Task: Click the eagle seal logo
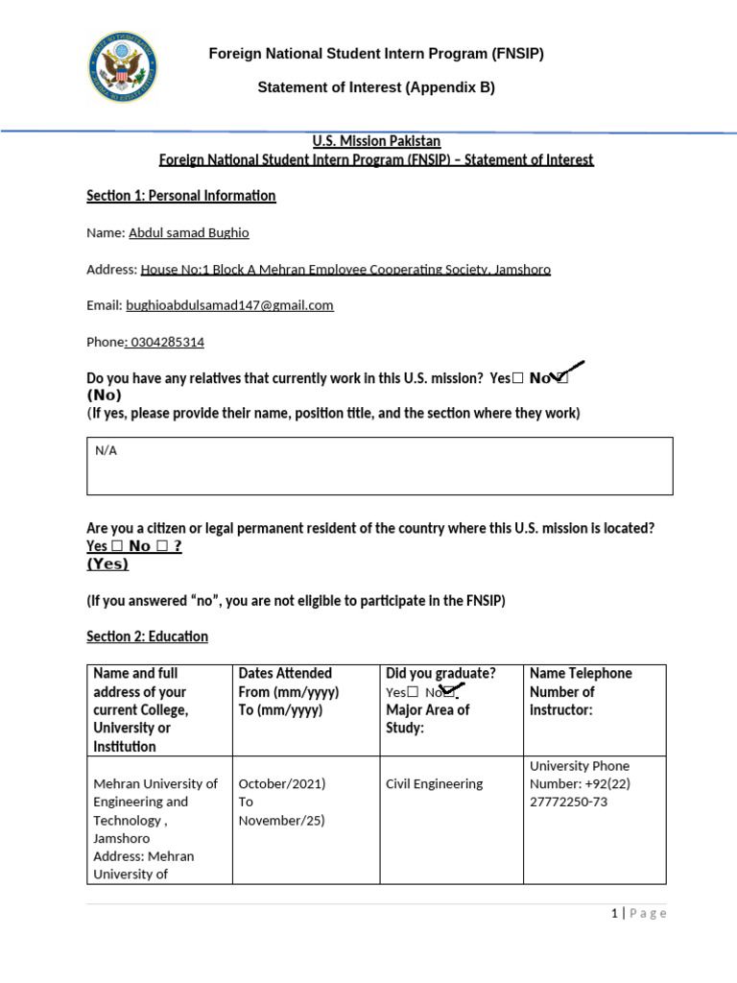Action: point(123,68)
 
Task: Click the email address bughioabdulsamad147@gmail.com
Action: point(229,305)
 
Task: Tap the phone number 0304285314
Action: point(166,342)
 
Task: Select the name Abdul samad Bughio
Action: point(188,232)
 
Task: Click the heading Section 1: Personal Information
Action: point(181,196)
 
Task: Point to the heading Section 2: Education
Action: point(147,636)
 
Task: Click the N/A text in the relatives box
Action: point(106,451)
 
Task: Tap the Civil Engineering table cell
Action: point(434,783)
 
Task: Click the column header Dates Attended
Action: point(285,673)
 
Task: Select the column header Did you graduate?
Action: point(440,673)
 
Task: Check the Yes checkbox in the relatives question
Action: point(518,379)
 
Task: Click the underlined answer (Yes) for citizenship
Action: point(107,563)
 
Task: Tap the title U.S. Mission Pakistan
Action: point(376,141)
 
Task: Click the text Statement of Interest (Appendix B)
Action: point(376,87)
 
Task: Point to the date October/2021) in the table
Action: point(282,783)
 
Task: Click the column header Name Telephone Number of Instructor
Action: point(581,691)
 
